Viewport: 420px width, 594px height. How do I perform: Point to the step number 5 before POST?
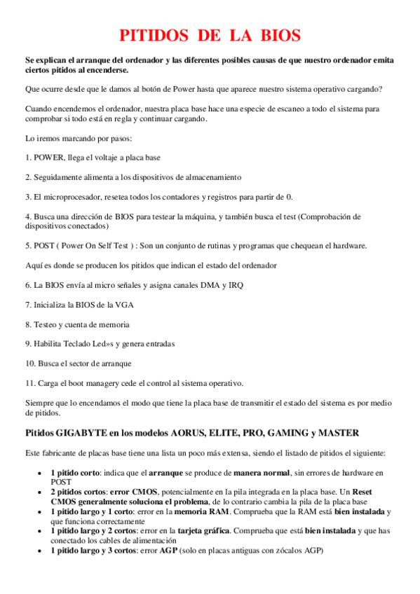point(27,246)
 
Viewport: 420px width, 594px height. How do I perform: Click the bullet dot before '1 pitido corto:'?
point(40,474)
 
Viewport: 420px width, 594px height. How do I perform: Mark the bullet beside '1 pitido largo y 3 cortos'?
point(40,551)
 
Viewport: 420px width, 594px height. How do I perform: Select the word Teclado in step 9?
point(74,344)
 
